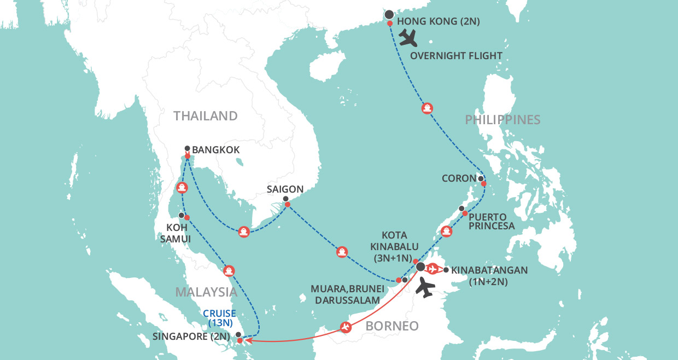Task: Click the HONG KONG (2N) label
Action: [x=438, y=21]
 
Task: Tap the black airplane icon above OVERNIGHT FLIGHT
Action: [x=408, y=38]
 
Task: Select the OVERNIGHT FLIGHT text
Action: [x=456, y=56]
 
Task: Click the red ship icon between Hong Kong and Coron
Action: [x=427, y=108]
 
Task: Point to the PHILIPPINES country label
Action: [x=502, y=120]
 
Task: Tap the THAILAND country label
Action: [x=206, y=116]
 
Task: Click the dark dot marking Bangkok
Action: [x=188, y=148]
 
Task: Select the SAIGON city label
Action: [x=285, y=189]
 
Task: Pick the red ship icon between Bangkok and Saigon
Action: [x=244, y=231]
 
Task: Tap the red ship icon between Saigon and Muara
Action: [x=342, y=252]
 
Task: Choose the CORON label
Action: [x=459, y=178]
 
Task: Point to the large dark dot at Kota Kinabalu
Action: [x=420, y=267]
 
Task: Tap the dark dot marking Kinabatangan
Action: [x=446, y=270]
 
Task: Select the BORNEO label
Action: [x=391, y=326]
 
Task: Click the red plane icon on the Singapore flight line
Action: [x=345, y=327]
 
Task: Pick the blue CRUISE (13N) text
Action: [x=219, y=318]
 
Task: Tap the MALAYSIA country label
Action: [x=206, y=292]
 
